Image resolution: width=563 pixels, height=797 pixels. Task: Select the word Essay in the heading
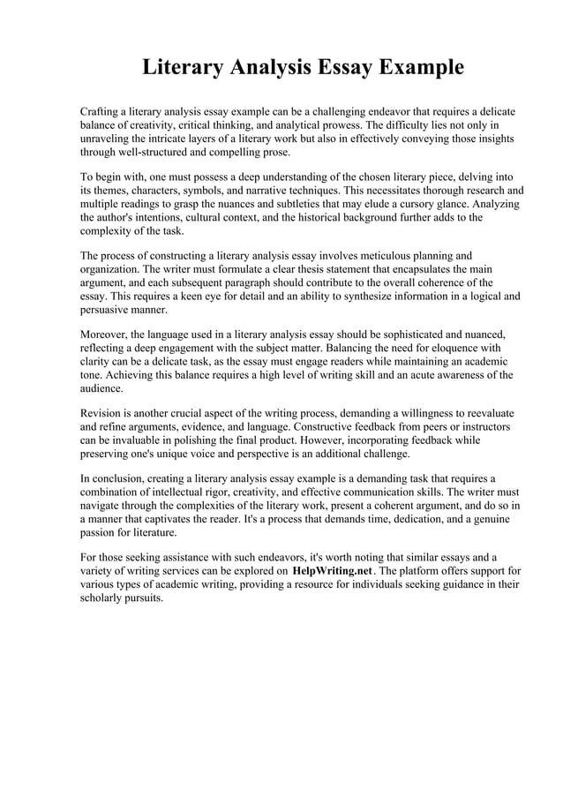click(x=334, y=67)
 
